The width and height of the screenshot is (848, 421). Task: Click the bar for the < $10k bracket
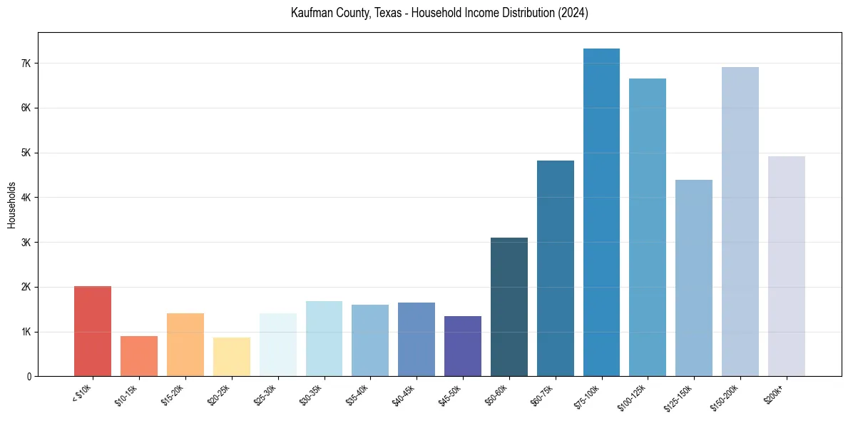click(93, 331)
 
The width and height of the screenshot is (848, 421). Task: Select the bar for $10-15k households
click(139, 356)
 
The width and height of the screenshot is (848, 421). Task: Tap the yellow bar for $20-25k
click(232, 357)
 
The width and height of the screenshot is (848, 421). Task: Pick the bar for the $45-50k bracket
click(463, 346)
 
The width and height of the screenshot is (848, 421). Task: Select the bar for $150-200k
click(740, 222)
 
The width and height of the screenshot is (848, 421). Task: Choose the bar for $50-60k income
click(509, 307)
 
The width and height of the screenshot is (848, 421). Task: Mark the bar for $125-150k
click(694, 278)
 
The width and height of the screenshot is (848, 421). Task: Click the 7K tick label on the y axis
click(26, 64)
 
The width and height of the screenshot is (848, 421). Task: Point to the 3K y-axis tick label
click(26, 243)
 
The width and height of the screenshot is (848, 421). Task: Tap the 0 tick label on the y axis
click(29, 377)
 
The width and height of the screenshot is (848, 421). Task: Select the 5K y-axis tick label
click(26, 153)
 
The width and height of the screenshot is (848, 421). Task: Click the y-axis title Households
click(11, 205)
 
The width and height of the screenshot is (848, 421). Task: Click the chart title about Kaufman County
click(439, 13)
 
